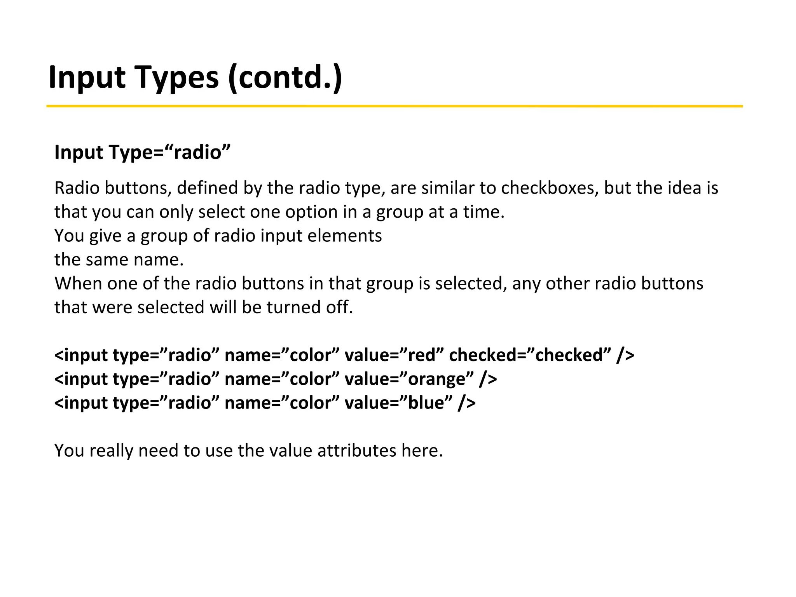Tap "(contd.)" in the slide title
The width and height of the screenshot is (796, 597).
pyautogui.click(x=285, y=78)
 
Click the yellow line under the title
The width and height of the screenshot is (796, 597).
pyautogui.click(x=394, y=106)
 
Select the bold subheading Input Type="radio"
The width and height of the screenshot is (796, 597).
pyautogui.click(x=142, y=152)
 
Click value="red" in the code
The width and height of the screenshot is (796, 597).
pyautogui.click(x=394, y=355)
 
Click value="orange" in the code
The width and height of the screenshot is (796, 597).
pyautogui.click(x=409, y=379)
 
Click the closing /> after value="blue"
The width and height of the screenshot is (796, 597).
pyautogui.click(x=467, y=403)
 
